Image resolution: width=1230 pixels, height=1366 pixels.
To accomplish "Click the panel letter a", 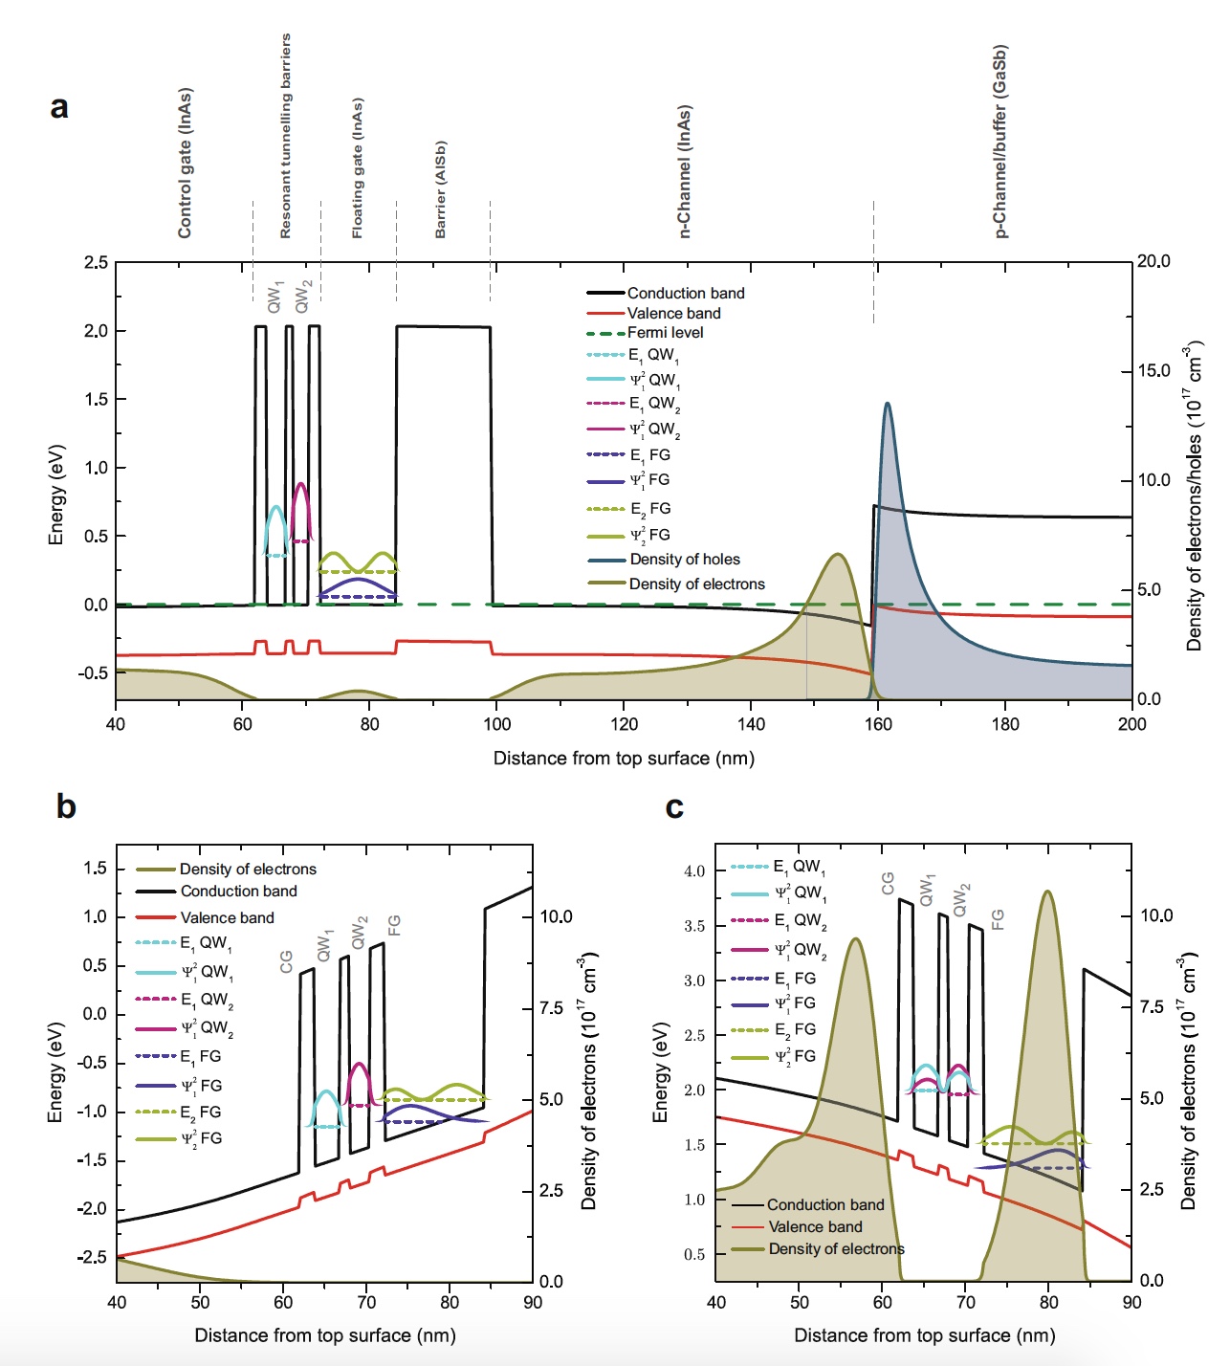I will (59, 107).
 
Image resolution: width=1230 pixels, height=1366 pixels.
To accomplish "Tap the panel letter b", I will (66, 806).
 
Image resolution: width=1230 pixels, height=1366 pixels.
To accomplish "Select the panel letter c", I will (674, 807).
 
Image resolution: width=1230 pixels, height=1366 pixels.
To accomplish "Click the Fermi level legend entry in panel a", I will (665, 333).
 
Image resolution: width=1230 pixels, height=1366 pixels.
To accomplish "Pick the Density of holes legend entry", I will (684, 560).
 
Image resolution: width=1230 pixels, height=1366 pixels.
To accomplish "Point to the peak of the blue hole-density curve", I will (888, 404).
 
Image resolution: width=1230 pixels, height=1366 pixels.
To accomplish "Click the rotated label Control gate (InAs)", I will (185, 163).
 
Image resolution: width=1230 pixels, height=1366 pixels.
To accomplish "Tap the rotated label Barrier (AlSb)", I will (440, 189).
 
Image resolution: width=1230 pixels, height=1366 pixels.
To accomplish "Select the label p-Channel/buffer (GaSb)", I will (999, 141).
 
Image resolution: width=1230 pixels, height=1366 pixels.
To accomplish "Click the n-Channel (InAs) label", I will (684, 171).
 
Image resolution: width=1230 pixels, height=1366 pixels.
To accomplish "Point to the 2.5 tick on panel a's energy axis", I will (96, 262).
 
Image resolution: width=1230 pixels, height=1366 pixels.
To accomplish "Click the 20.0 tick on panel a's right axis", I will (1153, 262).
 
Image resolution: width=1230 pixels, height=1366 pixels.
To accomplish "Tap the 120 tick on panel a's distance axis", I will (624, 724).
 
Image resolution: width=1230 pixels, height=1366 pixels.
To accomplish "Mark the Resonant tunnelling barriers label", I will (285, 136).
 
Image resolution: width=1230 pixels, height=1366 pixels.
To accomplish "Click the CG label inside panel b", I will (286, 961).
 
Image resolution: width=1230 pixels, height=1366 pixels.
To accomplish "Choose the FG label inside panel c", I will (998, 919).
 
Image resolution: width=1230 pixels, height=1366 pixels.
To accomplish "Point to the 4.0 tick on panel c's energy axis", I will (693, 871).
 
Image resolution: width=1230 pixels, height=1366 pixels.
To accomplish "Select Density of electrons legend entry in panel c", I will (836, 1249).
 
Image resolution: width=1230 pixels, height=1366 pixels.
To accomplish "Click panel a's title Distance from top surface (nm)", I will (624, 759).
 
